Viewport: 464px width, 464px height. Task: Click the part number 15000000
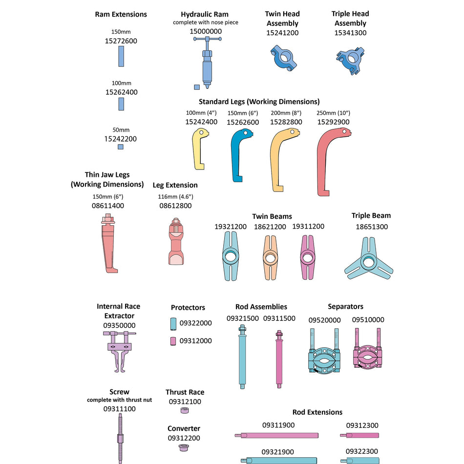(206, 31)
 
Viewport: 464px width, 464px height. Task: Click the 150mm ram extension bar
(122, 57)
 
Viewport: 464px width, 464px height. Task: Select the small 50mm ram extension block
(121, 147)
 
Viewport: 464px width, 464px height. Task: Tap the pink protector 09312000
(173, 341)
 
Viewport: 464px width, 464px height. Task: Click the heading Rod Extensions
(317, 412)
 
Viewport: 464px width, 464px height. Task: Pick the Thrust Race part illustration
(185, 410)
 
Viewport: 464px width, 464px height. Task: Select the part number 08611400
(108, 206)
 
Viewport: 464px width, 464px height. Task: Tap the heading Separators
(345, 307)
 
